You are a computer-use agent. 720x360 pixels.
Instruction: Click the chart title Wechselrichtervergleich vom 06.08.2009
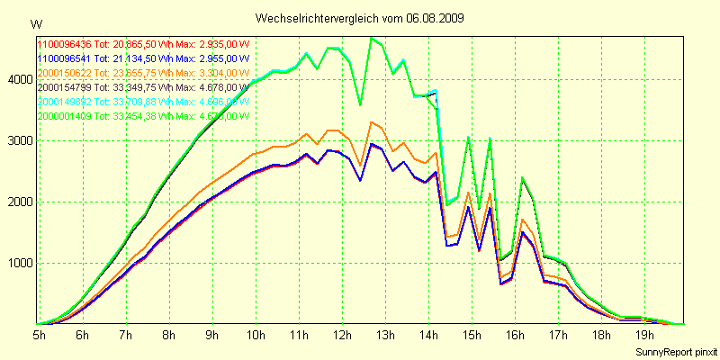[x=359, y=18]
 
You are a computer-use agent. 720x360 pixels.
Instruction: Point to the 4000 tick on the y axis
[x=19, y=79]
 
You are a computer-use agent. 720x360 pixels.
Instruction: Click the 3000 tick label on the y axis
[x=19, y=141]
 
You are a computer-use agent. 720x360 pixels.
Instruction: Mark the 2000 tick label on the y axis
[x=19, y=202]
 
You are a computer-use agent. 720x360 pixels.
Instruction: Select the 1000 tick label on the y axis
[x=19, y=264]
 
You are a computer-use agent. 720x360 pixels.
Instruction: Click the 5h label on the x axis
[x=40, y=335]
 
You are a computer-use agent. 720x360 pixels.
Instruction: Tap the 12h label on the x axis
[x=341, y=335]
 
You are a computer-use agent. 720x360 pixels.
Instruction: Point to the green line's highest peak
[x=372, y=38]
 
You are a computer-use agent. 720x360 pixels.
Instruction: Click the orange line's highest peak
[x=372, y=122]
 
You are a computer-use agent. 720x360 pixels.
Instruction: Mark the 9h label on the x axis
[x=211, y=335]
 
